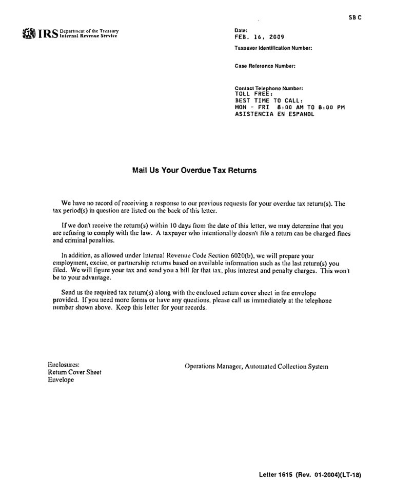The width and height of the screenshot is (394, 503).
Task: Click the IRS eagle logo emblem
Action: coord(28,34)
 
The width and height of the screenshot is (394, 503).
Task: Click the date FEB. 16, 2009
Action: coord(259,37)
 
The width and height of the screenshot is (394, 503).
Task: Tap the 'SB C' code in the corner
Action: coord(355,17)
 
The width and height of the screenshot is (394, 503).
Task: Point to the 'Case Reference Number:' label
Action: coord(265,66)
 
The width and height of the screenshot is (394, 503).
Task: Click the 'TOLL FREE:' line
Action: coord(253,94)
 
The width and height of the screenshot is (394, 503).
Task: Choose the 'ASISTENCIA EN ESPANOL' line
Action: coord(274,114)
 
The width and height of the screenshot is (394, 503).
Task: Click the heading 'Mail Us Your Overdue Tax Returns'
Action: coord(194,170)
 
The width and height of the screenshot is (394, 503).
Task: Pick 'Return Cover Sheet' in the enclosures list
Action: coord(74,372)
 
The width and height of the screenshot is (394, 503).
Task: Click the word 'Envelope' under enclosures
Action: coord(61,380)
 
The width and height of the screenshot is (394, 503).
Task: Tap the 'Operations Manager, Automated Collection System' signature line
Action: coord(256,367)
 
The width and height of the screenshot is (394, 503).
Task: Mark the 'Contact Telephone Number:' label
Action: coord(269,88)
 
